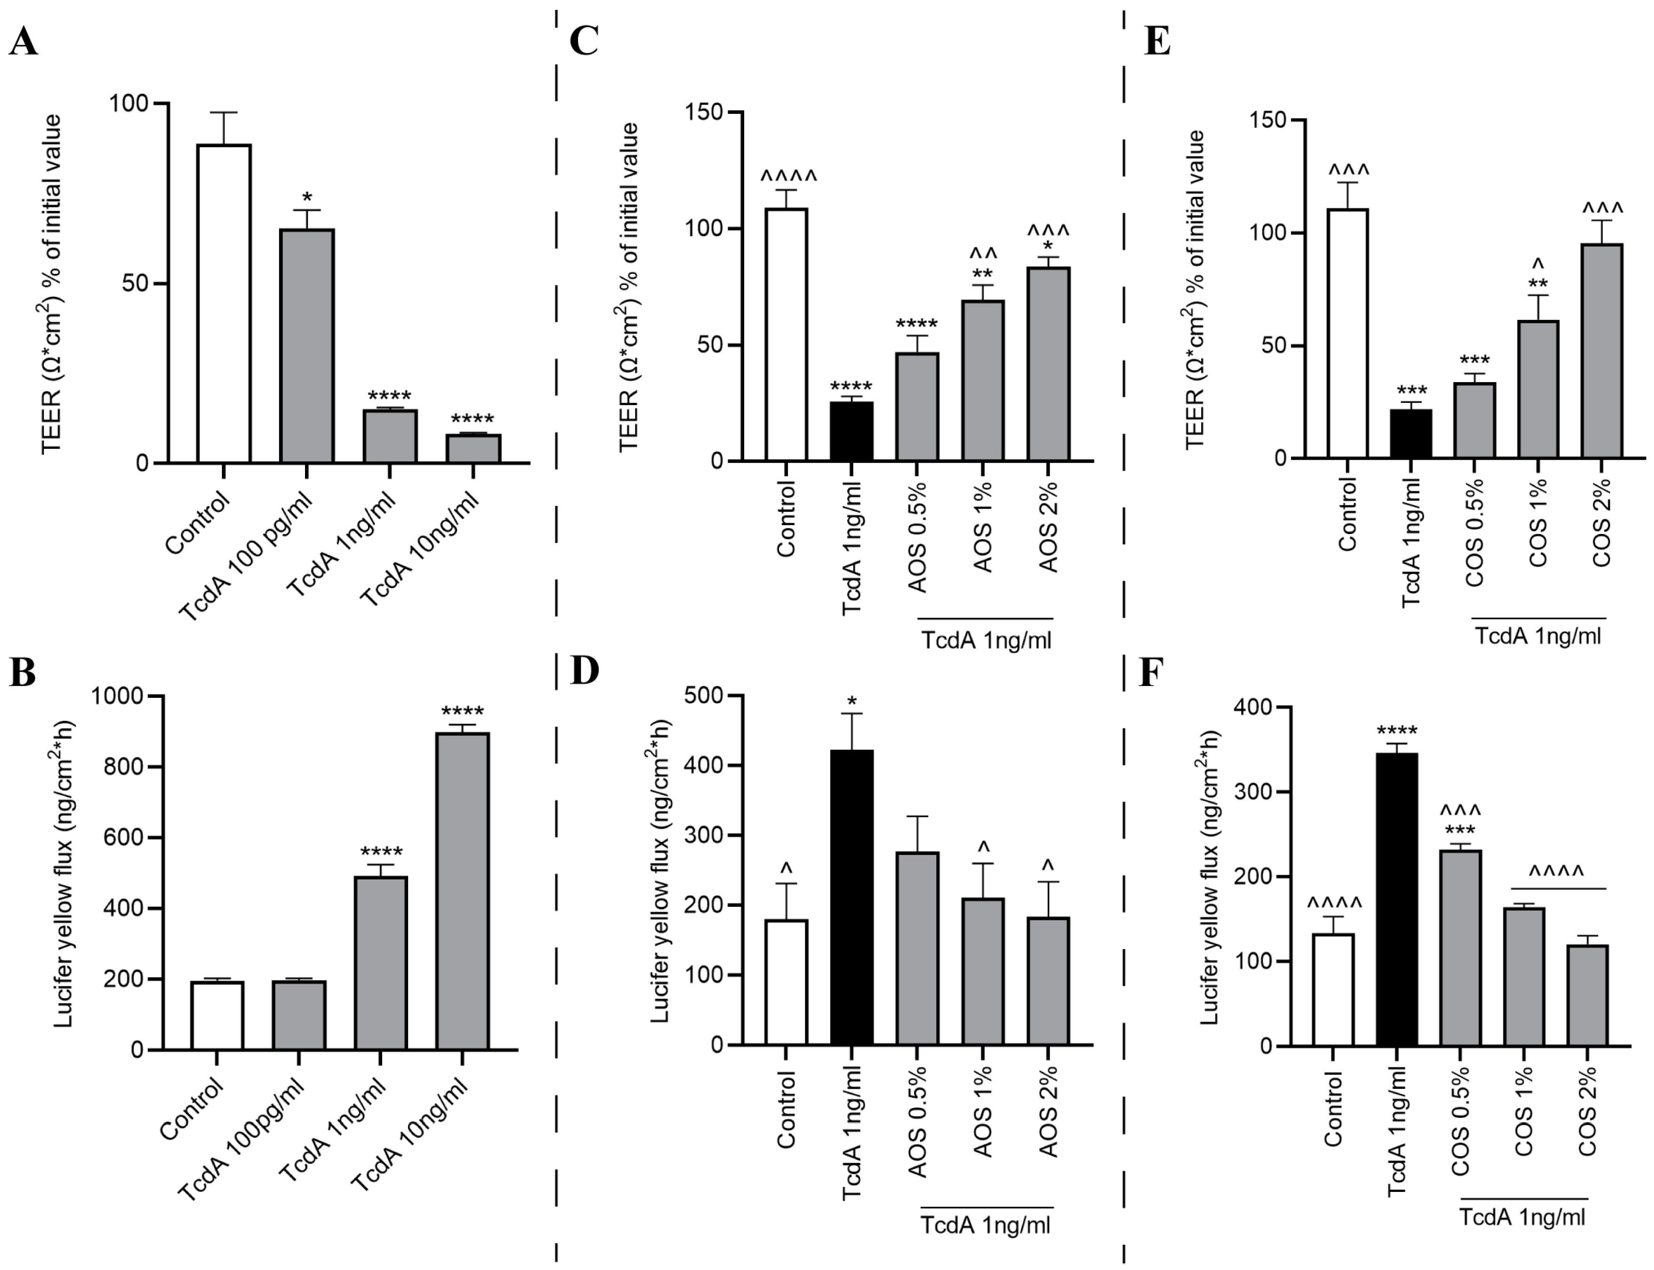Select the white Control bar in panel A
click(224, 303)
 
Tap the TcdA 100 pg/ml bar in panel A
click(307, 345)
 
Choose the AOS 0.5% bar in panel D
click(917, 948)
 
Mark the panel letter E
click(1157, 41)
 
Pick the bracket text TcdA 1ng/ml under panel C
click(986, 640)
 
